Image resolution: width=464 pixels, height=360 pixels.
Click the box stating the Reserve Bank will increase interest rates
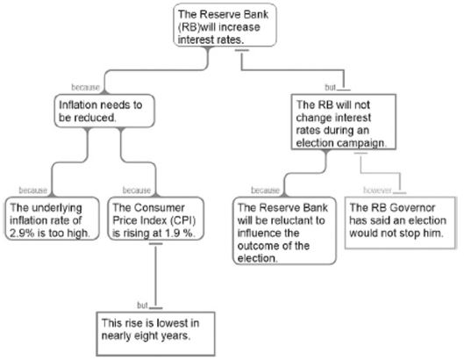coord(225,25)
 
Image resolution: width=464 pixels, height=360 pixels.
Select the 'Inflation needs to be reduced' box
coord(104,111)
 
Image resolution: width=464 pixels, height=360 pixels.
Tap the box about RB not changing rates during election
coord(344,122)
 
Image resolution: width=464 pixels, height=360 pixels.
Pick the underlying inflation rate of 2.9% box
coord(52,219)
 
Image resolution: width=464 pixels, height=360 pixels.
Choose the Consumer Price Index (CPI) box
coord(156,219)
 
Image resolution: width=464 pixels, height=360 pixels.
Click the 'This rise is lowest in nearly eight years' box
coord(155,334)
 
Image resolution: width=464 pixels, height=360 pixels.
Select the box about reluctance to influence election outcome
coord(284,231)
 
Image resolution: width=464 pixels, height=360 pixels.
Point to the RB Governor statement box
coord(400,222)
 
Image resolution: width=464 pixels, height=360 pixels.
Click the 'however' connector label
coord(377,191)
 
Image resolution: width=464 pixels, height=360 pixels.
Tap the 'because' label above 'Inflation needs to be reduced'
coord(86,88)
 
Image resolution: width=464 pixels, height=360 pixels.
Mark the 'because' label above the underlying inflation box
coord(33,191)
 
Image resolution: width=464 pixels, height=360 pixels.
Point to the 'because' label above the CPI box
coord(137,191)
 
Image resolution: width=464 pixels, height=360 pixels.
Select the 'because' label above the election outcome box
coord(265,191)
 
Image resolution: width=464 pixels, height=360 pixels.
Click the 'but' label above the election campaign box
coord(331,88)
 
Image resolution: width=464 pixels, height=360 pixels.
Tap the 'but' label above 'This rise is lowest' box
coord(142,306)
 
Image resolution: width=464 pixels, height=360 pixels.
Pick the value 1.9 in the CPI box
coord(172,234)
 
